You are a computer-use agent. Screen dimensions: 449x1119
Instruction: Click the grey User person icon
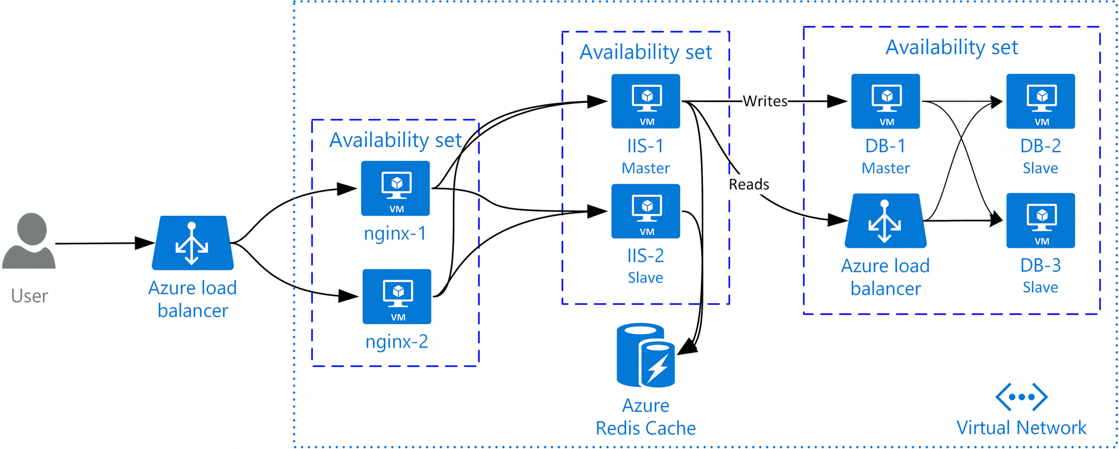coord(29,241)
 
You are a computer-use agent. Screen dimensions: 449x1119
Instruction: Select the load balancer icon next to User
coord(192,243)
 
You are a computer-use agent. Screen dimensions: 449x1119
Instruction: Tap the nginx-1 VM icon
coord(396,188)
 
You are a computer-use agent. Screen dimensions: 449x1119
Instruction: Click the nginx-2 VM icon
coord(397,296)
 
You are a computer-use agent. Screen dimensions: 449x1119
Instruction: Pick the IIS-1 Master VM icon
coord(646,101)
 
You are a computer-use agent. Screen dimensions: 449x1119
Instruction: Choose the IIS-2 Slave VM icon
coord(646,211)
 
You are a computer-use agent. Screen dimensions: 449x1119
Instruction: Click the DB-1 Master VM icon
coord(885,101)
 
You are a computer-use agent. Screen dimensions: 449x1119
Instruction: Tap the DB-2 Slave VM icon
coord(1040,101)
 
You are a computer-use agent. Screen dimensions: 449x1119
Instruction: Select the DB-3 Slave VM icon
coord(1040,220)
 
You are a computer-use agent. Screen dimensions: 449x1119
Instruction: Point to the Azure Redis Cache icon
coord(646,355)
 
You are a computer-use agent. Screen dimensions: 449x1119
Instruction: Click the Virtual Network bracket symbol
coord(1021,397)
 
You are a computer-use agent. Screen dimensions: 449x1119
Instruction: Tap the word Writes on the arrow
coord(765,101)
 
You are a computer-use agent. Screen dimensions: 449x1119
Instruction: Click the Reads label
coord(749,185)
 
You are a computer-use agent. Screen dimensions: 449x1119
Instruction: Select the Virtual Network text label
coord(1021,428)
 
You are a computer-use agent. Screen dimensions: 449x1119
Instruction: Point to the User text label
coord(29,296)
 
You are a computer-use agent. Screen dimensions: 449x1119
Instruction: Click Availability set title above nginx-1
coord(395,141)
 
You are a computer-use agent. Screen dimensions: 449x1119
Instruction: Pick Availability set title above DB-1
coord(952,47)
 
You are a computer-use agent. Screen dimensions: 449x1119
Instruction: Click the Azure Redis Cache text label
coord(646,417)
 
